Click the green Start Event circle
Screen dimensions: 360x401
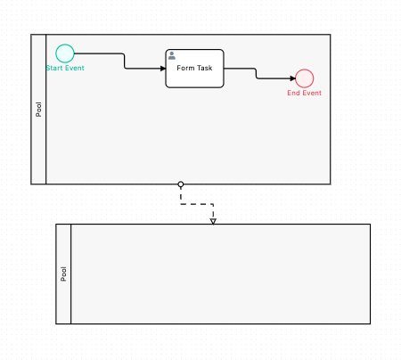point(65,53)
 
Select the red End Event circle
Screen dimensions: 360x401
point(305,78)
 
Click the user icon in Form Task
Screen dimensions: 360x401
point(172,55)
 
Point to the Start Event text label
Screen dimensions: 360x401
point(65,69)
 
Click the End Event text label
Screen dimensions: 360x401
point(305,93)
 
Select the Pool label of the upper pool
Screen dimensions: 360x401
point(38,110)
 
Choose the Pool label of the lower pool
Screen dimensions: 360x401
point(63,274)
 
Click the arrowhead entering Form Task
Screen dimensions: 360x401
point(162,68)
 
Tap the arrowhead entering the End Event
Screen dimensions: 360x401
point(291,78)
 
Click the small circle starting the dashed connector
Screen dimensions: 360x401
point(181,184)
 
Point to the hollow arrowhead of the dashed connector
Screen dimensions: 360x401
point(213,220)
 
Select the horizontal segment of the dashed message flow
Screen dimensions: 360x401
point(197,204)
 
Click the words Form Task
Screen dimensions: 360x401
point(194,68)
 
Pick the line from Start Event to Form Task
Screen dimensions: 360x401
point(125,61)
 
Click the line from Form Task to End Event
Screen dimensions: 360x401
point(257,73)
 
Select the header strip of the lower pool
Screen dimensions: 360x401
point(63,303)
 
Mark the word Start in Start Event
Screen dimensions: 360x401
point(54,69)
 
